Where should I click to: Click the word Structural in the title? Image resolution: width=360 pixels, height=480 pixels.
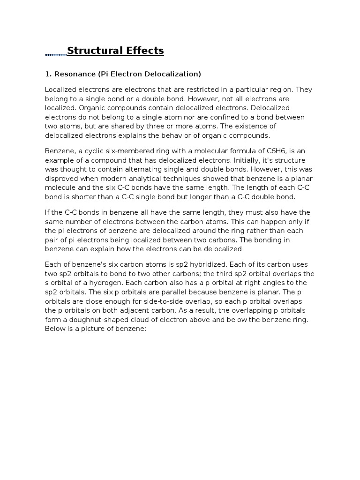92,51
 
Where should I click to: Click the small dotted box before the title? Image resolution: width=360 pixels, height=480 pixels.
56,55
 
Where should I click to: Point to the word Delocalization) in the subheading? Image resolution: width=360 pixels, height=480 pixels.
174,74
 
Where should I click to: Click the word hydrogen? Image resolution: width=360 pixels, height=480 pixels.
124,283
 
